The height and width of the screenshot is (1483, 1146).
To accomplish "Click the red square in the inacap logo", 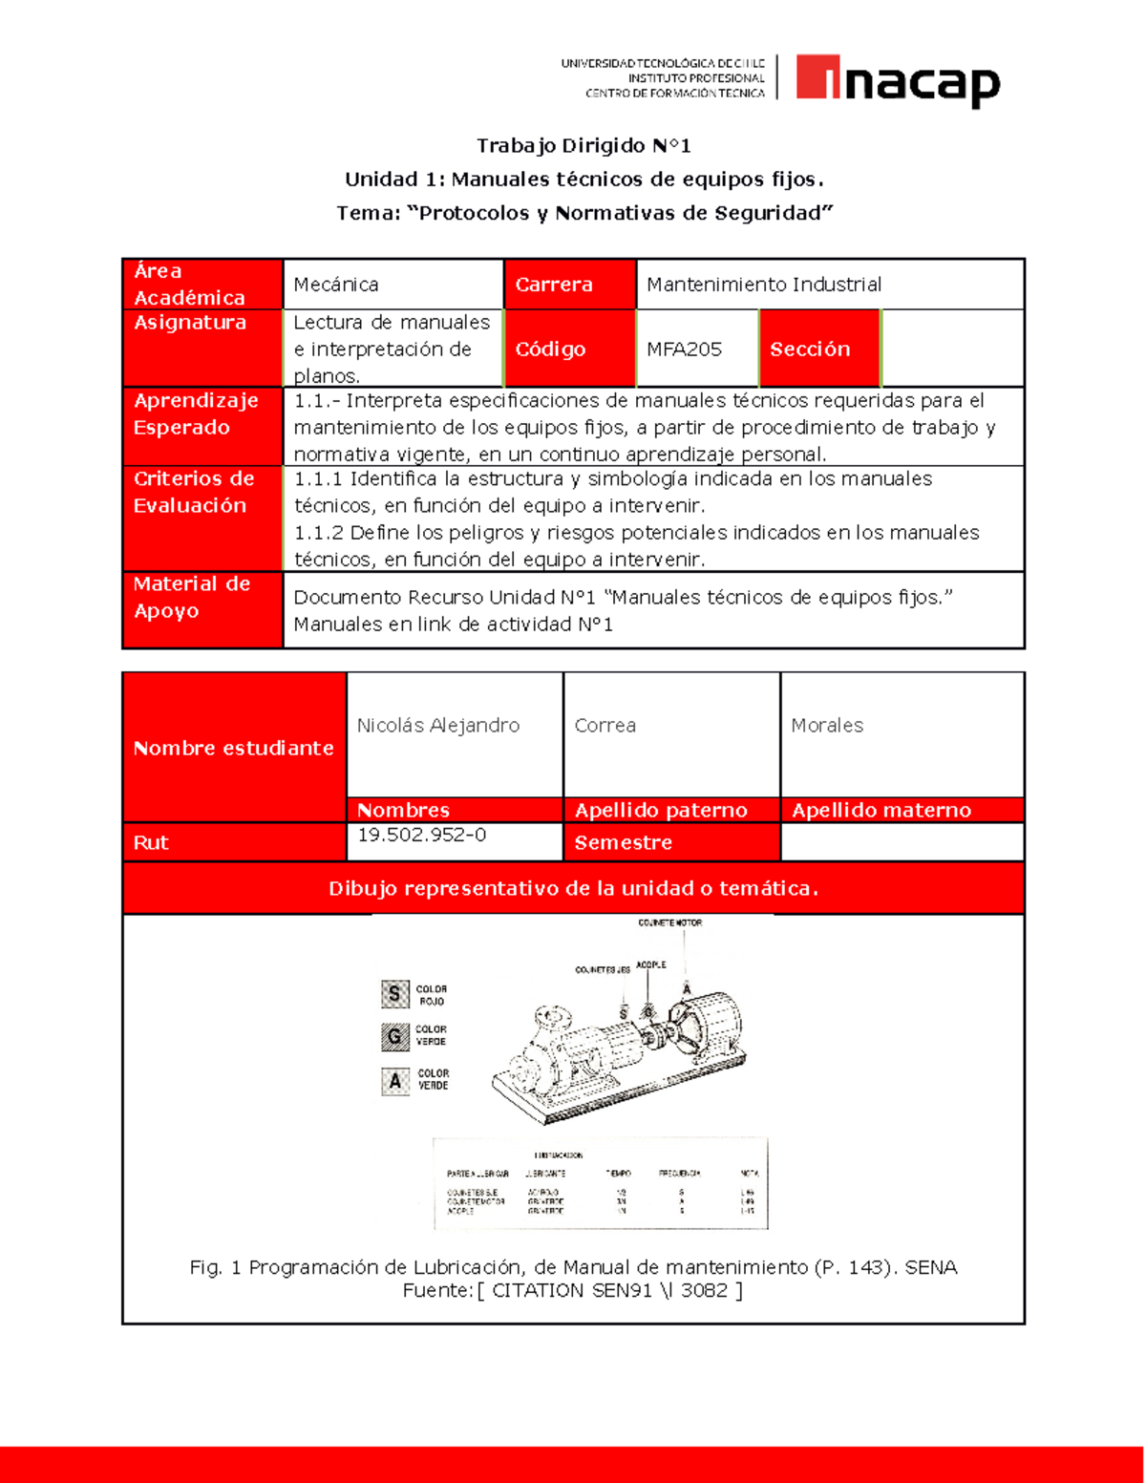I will pos(817,76).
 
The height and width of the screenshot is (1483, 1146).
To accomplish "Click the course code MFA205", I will pos(684,350).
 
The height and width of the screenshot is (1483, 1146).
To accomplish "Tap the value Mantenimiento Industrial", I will pos(763,285).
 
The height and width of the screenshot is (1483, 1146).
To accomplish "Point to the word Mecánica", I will pos(336,285).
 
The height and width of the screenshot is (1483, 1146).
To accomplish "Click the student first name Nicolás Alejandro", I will pos(438,726).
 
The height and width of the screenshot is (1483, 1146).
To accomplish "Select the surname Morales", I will pos(827,726).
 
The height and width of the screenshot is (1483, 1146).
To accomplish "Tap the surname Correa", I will pos(605,726).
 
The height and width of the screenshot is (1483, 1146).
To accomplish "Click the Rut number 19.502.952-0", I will pos(422,836).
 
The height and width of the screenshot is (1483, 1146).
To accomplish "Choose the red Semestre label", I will pos(623,843).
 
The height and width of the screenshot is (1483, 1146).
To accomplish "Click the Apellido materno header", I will pos(881,811).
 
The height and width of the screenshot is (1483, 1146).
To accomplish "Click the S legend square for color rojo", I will pos(394,994).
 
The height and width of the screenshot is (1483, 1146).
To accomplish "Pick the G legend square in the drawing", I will pos(394,1036).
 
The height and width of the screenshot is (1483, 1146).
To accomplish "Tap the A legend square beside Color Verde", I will pos(394,1081).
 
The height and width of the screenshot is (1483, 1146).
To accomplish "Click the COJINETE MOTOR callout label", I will pos(670,923).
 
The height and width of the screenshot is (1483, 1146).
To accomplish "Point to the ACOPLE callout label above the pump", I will pos(651,965).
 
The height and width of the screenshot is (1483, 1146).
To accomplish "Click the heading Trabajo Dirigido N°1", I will pos(584,146).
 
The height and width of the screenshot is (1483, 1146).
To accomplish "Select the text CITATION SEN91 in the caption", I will pos(569,1291).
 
